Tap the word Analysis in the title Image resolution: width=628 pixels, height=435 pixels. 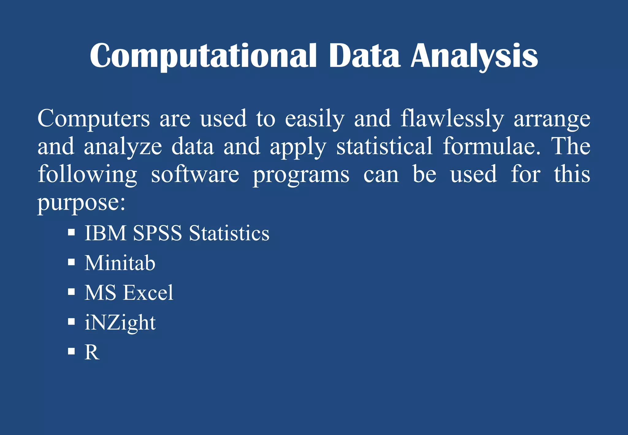[474, 56]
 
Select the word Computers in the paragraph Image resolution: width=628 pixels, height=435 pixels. [94, 118]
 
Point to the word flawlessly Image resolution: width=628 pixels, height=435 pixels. [452, 119]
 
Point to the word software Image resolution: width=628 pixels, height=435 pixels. [195, 174]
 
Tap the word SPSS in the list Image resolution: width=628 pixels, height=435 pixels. [157, 233]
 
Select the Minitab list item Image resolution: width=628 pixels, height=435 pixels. [120, 263]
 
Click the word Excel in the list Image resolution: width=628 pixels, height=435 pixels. [148, 292]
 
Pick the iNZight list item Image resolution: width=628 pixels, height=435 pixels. [120, 323]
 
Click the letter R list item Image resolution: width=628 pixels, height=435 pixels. [92, 352]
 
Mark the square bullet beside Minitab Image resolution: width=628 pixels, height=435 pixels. [71, 262]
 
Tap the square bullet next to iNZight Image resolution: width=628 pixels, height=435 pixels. [71, 321]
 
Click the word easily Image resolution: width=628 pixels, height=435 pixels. [315, 119]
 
